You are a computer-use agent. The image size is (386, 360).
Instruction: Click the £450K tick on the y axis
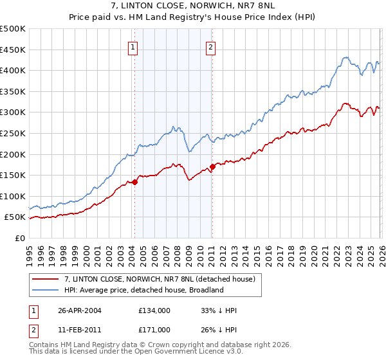click(13, 50)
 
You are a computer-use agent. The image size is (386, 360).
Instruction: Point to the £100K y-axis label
click(13, 196)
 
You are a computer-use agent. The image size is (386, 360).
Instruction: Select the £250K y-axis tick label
click(13, 133)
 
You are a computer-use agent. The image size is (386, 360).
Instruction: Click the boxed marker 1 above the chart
click(133, 46)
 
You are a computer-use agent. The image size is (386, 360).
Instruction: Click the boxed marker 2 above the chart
click(211, 46)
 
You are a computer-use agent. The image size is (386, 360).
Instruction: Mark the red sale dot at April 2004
click(135, 182)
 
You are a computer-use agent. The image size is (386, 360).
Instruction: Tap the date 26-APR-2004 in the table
click(80, 310)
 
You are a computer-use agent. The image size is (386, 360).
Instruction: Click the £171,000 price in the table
click(154, 330)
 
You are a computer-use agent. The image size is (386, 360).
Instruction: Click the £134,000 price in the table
click(154, 310)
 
